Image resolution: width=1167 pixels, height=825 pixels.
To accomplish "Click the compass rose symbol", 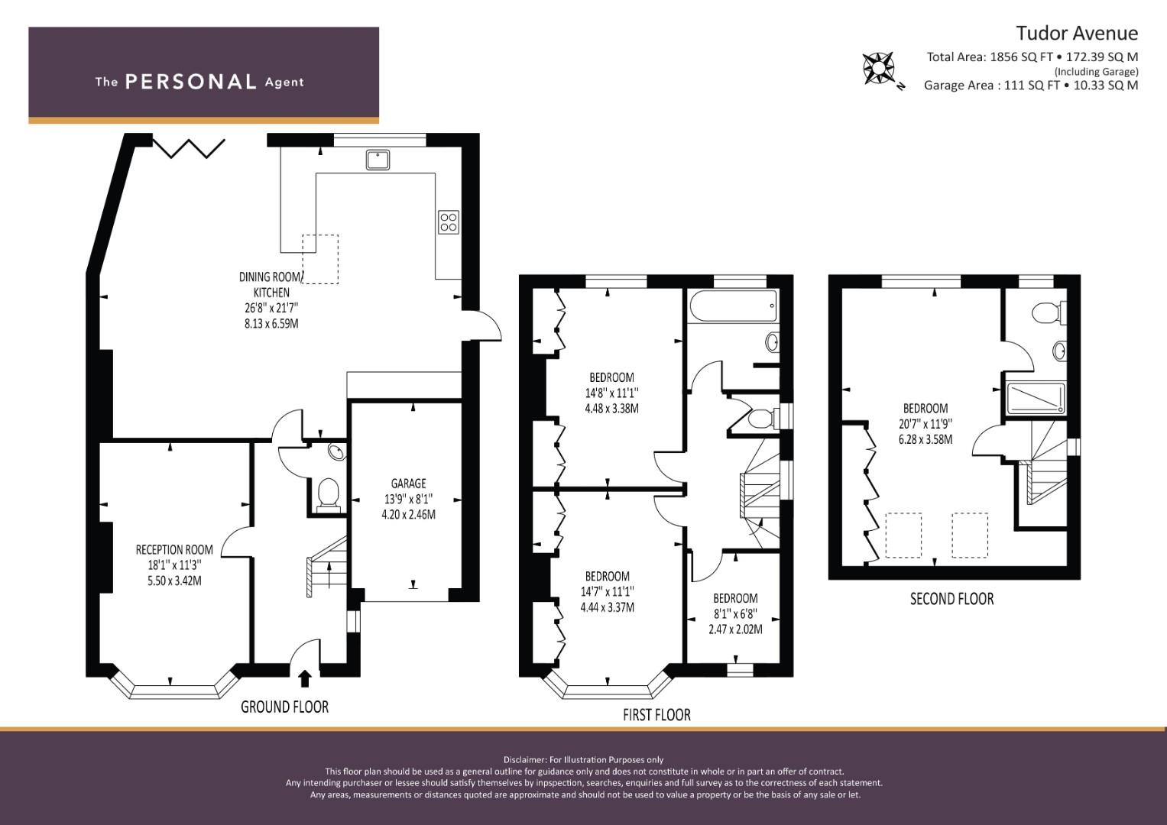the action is point(878,68).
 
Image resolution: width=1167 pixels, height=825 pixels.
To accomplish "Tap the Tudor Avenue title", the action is point(1077,34).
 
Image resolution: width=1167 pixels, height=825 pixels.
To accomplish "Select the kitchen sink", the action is point(378,160).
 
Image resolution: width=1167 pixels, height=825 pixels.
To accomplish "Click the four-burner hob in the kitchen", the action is point(448,222).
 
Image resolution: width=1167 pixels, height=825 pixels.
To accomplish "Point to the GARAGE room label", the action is point(408,484).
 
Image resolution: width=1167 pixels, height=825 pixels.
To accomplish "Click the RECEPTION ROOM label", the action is point(174,550).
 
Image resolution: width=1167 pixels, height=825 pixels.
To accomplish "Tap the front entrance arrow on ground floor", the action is point(305,679).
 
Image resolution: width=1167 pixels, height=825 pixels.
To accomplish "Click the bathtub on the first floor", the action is point(733,306).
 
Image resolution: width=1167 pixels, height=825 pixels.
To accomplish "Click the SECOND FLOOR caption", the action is point(951,599).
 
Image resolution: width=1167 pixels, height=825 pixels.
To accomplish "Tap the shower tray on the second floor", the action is point(1036,399).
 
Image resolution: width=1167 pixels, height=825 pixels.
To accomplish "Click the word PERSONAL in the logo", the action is point(191,82).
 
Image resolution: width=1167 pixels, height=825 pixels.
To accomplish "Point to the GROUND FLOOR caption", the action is point(284,707).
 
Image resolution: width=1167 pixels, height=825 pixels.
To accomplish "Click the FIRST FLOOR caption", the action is point(656,715).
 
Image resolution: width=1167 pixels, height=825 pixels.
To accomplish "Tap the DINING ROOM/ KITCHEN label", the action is point(271,284).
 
